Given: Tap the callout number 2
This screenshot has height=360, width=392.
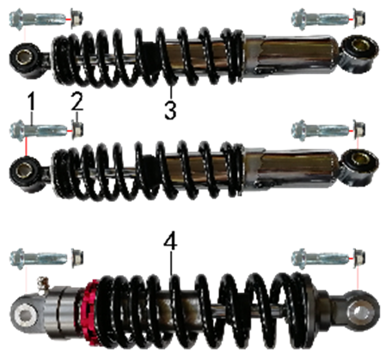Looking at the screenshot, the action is pyautogui.click(x=77, y=101).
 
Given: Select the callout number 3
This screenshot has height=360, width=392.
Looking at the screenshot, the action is pyautogui.click(x=170, y=110).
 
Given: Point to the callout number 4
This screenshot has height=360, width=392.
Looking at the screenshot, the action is pyautogui.click(x=170, y=241).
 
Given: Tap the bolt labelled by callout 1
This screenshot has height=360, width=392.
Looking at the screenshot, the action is pyautogui.click(x=39, y=131).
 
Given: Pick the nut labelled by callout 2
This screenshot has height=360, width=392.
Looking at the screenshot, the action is pyautogui.click(x=77, y=130).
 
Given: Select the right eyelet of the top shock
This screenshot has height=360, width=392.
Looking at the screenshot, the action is pyautogui.click(x=359, y=53).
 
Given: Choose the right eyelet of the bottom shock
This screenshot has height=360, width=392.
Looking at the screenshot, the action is pyautogui.click(x=362, y=310).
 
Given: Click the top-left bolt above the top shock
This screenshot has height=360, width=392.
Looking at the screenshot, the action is pyautogui.click(x=39, y=19).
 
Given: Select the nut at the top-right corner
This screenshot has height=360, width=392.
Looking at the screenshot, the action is pyautogui.click(x=359, y=18).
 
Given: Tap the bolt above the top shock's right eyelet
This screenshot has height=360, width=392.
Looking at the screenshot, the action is pyautogui.click(x=321, y=19).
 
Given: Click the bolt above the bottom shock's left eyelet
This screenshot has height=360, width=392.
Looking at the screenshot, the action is pyautogui.click(x=39, y=259).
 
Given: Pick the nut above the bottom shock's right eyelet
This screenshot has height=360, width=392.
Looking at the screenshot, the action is pyautogui.click(x=359, y=258).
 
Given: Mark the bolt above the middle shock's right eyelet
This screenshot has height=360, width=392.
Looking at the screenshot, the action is pyautogui.click(x=321, y=131).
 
